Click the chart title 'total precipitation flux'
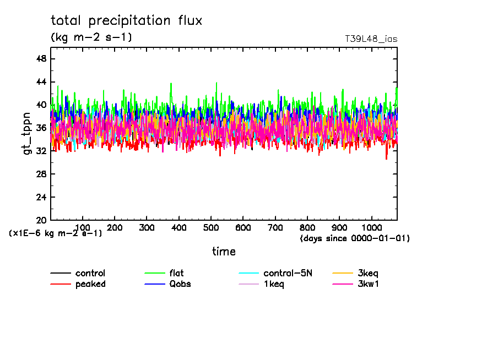pos(127,21)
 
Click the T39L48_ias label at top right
pos(371,39)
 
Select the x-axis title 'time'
pos(224,252)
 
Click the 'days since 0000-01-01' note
pos(355,238)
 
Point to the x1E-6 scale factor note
pos(56,233)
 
